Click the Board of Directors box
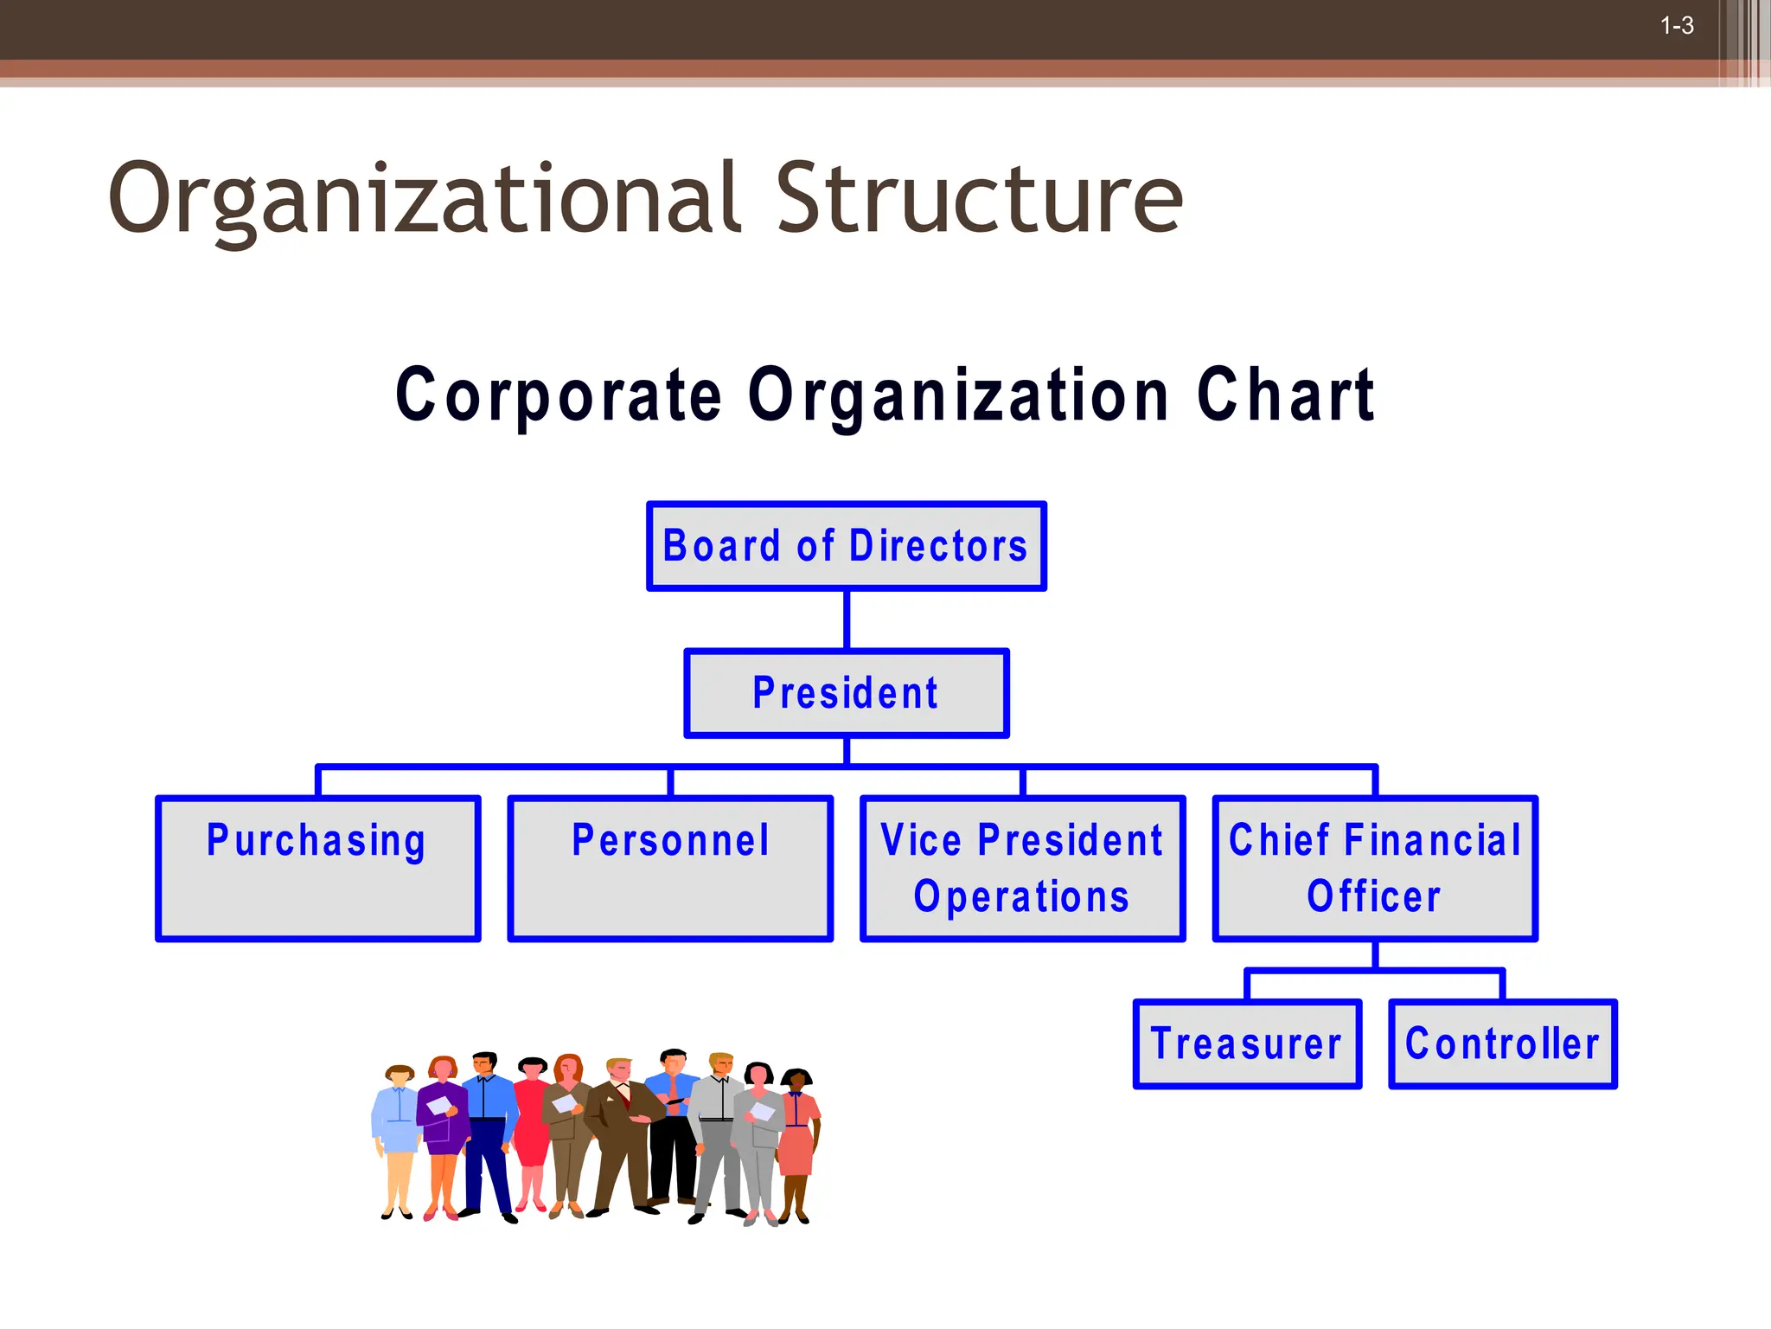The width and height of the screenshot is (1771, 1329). click(846, 546)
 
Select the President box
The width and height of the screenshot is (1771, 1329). click(846, 693)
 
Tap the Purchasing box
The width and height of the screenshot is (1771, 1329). click(317, 868)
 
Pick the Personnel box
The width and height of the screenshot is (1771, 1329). click(670, 868)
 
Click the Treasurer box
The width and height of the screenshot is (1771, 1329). click(1246, 1043)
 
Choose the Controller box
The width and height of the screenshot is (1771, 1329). click(1502, 1043)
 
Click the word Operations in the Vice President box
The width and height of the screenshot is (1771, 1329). click(1021, 897)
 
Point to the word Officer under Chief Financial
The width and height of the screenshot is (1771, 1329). click(1374, 897)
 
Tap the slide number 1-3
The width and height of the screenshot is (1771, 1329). click(1677, 26)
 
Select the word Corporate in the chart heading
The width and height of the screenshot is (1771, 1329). click(559, 395)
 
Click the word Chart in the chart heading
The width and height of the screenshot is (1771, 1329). click(1286, 395)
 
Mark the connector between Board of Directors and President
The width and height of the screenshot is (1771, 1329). click(846, 620)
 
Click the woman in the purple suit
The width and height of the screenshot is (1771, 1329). click(444, 1125)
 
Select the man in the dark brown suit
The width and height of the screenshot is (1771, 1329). click(619, 1133)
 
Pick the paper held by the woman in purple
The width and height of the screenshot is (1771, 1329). click(439, 1105)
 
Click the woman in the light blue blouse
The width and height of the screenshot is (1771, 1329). click(399, 1125)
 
